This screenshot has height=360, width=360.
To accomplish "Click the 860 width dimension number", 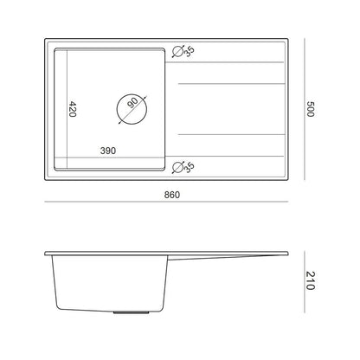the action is click(x=172, y=195).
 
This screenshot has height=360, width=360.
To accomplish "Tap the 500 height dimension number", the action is click(x=310, y=109).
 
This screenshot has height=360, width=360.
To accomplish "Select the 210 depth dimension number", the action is click(x=310, y=280).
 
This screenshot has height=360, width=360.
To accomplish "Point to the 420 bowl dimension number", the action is click(x=72, y=109).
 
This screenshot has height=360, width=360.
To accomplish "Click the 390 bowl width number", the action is click(x=108, y=151).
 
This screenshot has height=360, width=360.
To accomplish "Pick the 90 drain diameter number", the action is click(x=133, y=102).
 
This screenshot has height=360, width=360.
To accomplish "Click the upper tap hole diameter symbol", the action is click(x=177, y=51).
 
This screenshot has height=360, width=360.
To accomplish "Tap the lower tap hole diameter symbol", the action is click(x=177, y=168).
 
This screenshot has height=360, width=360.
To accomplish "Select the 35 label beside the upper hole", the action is click(x=189, y=51).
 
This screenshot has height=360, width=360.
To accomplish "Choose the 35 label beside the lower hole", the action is click(x=189, y=167).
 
